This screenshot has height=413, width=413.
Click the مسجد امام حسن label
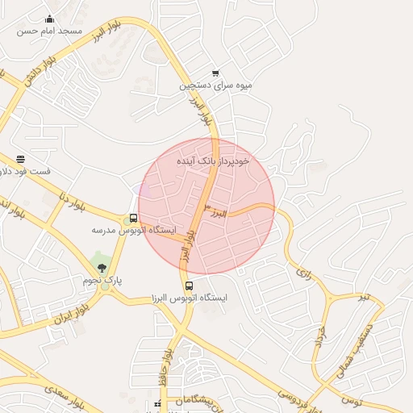pos(52,31)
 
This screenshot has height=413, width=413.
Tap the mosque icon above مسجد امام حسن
pos(50,19)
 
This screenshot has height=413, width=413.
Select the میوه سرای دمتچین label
pos(215,85)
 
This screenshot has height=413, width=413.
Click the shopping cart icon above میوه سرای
pos(215,73)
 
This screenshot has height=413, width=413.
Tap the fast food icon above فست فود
pos(20,159)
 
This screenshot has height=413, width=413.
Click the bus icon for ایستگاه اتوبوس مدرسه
pos(133,218)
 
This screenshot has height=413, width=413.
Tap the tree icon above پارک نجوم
pos(101,267)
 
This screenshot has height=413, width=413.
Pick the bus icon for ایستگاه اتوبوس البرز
pos(189,286)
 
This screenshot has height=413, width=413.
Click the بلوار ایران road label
pos(70,314)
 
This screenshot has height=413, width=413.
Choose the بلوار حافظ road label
pos(165,359)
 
